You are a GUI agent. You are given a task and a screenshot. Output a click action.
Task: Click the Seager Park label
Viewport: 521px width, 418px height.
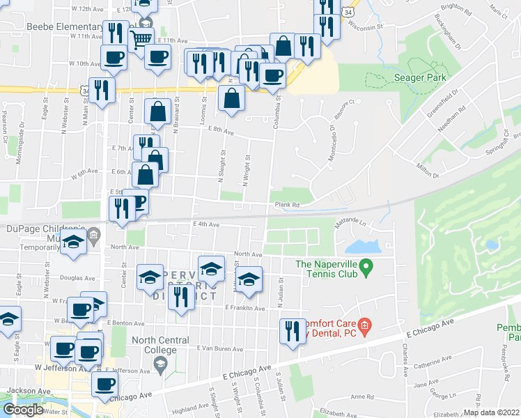(419, 77)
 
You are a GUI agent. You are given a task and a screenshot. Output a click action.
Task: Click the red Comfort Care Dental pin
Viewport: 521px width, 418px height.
(363, 325)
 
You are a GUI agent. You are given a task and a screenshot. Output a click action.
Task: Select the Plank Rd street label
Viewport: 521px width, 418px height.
(286, 205)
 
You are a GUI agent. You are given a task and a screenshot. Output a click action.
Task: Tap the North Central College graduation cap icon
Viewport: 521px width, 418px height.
(160, 365)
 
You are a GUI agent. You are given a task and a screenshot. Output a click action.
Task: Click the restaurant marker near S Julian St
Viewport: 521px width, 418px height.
(292, 330)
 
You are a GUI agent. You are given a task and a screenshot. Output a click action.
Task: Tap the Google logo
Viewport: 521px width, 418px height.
(23, 410)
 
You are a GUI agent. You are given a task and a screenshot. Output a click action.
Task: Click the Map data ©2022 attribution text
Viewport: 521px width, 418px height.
(490, 412)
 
